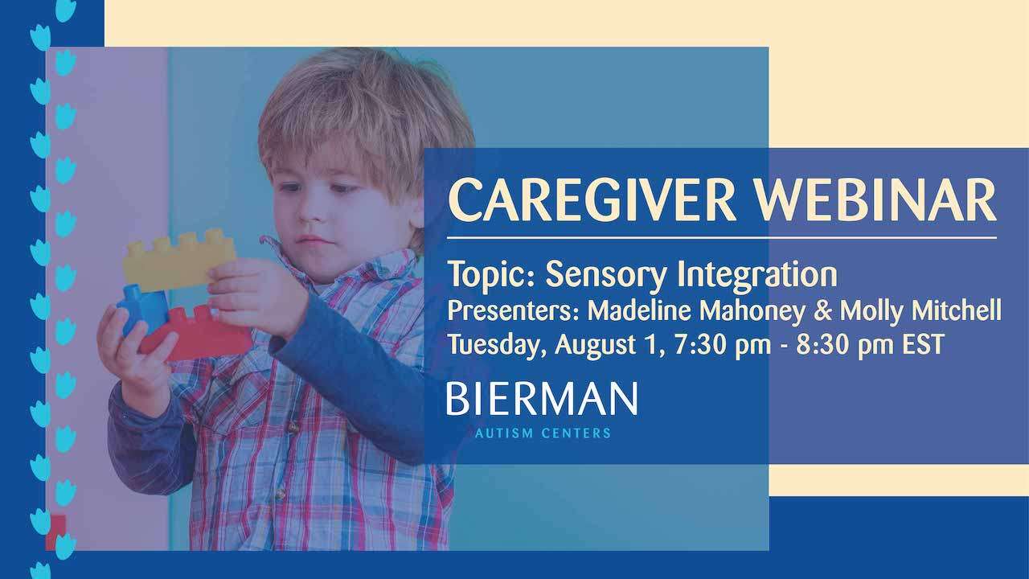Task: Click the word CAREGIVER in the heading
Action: pyautogui.click(x=592, y=200)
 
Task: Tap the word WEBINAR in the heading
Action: pyautogui.click(x=876, y=200)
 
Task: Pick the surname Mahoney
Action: pyautogui.click(x=752, y=311)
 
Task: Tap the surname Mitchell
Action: pyautogui.click(x=957, y=310)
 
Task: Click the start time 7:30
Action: pyautogui.click(x=701, y=345)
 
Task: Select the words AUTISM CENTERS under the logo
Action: pyautogui.click(x=543, y=433)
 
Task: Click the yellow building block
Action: pyautogui.click(x=179, y=260)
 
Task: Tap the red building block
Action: pyautogui.click(x=198, y=333)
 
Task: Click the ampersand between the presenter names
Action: pyautogui.click(x=822, y=311)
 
